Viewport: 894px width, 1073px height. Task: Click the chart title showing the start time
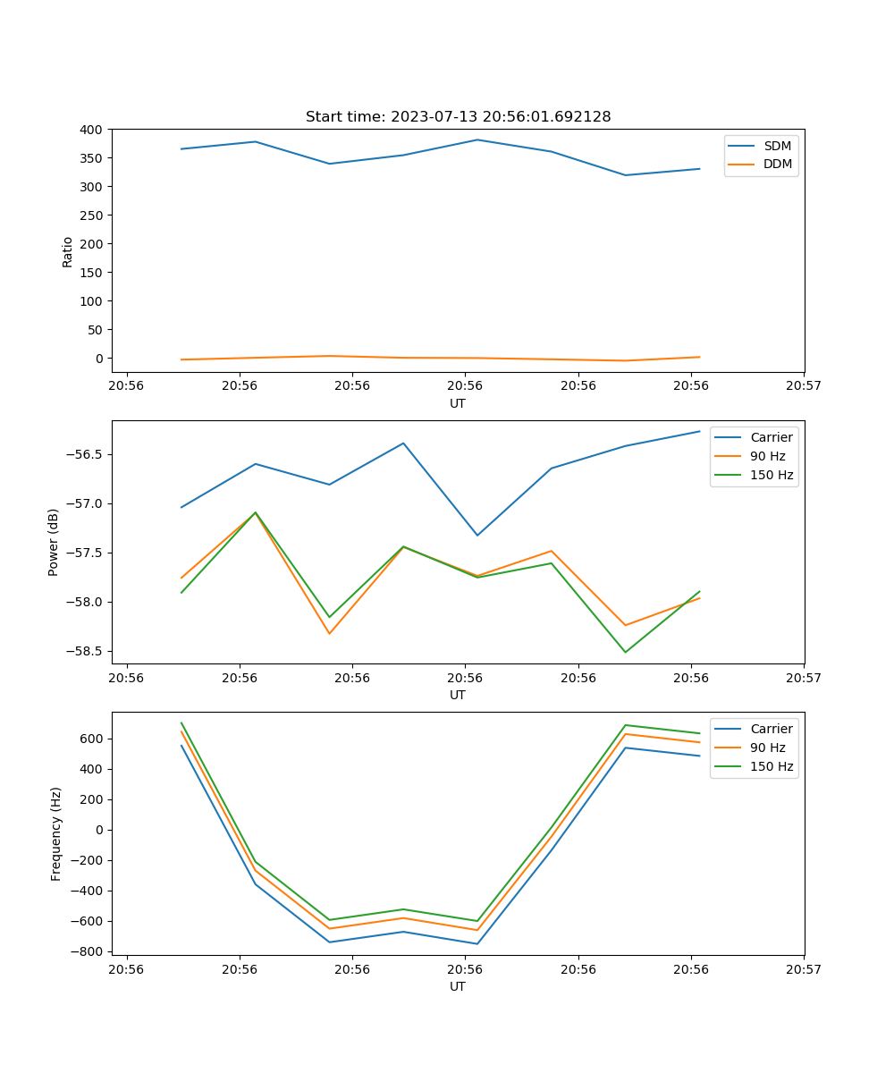tap(458, 117)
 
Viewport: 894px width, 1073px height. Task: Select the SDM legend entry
tap(777, 146)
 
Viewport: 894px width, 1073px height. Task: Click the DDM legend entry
tap(777, 164)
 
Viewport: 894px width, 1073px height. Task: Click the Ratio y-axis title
tap(68, 251)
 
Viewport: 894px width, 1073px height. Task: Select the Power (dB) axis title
tap(54, 542)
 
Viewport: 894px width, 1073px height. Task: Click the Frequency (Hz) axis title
tap(56, 833)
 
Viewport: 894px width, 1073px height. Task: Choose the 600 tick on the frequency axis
tap(91, 739)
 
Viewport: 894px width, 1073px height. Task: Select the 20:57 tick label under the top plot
tap(804, 386)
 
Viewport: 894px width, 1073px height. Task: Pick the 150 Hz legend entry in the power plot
tap(772, 475)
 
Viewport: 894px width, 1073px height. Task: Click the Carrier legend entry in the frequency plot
tap(771, 729)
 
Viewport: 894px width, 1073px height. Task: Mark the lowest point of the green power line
tap(625, 652)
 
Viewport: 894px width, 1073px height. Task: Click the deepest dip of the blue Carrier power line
tap(477, 536)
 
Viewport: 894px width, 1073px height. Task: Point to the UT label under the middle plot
tap(458, 695)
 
